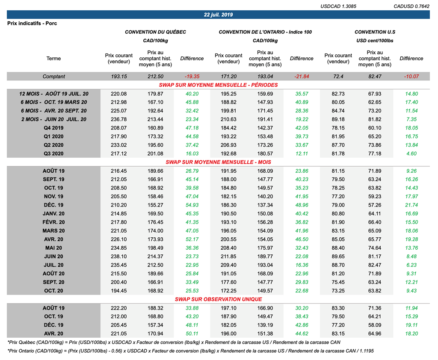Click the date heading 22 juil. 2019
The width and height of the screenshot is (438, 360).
click(x=218, y=15)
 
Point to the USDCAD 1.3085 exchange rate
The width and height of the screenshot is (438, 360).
click(x=338, y=6)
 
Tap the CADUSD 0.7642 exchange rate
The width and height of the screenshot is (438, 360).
click(x=411, y=6)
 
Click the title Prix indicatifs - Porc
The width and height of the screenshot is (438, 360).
click(x=32, y=23)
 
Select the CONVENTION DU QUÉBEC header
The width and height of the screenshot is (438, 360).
click(x=155, y=32)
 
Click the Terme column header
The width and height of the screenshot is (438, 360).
click(x=53, y=59)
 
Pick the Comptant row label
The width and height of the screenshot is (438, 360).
click(x=53, y=77)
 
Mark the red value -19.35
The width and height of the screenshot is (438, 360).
click(x=192, y=77)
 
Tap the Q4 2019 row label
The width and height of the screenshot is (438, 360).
click(x=53, y=128)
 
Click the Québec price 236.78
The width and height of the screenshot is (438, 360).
click(x=119, y=119)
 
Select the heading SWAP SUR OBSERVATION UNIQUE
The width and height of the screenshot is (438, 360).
click(x=218, y=299)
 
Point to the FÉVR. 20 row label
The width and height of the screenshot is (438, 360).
click(x=53, y=222)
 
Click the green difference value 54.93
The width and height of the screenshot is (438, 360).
click(x=192, y=205)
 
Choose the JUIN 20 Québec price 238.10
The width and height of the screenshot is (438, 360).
click(x=119, y=256)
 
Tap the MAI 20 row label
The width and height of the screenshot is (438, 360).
click(x=53, y=248)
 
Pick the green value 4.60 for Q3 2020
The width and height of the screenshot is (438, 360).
click(x=411, y=153)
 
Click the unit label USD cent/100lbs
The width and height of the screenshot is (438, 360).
click(x=375, y=41)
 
